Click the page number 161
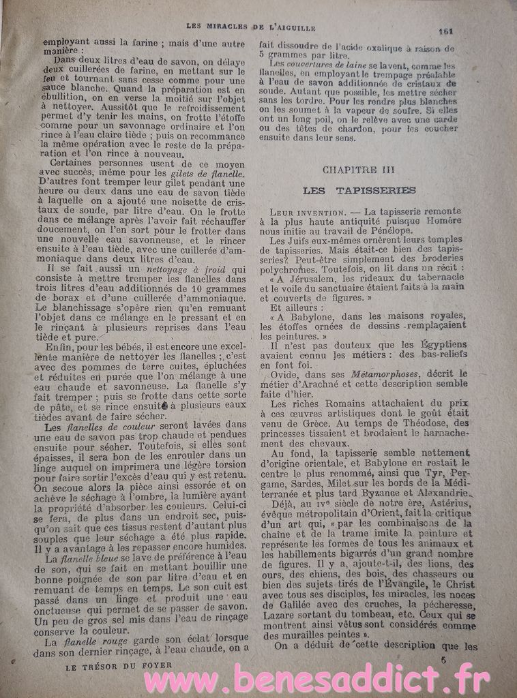pos(447,31)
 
